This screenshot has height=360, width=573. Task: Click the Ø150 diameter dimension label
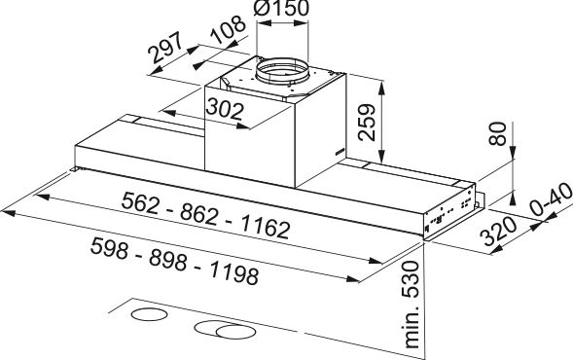(280, 8)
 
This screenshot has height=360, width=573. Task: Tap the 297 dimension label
(165, 48)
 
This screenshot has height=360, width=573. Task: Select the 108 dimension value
(229, 29)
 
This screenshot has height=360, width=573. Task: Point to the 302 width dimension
(225, 109)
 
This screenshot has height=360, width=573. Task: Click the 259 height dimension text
(367, 123)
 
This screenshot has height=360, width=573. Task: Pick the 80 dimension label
(498, 133)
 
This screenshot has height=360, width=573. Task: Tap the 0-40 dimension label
(551, 199)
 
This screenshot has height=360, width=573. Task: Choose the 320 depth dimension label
(499, 231)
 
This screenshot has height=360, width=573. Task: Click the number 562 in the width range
(140, 202)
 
